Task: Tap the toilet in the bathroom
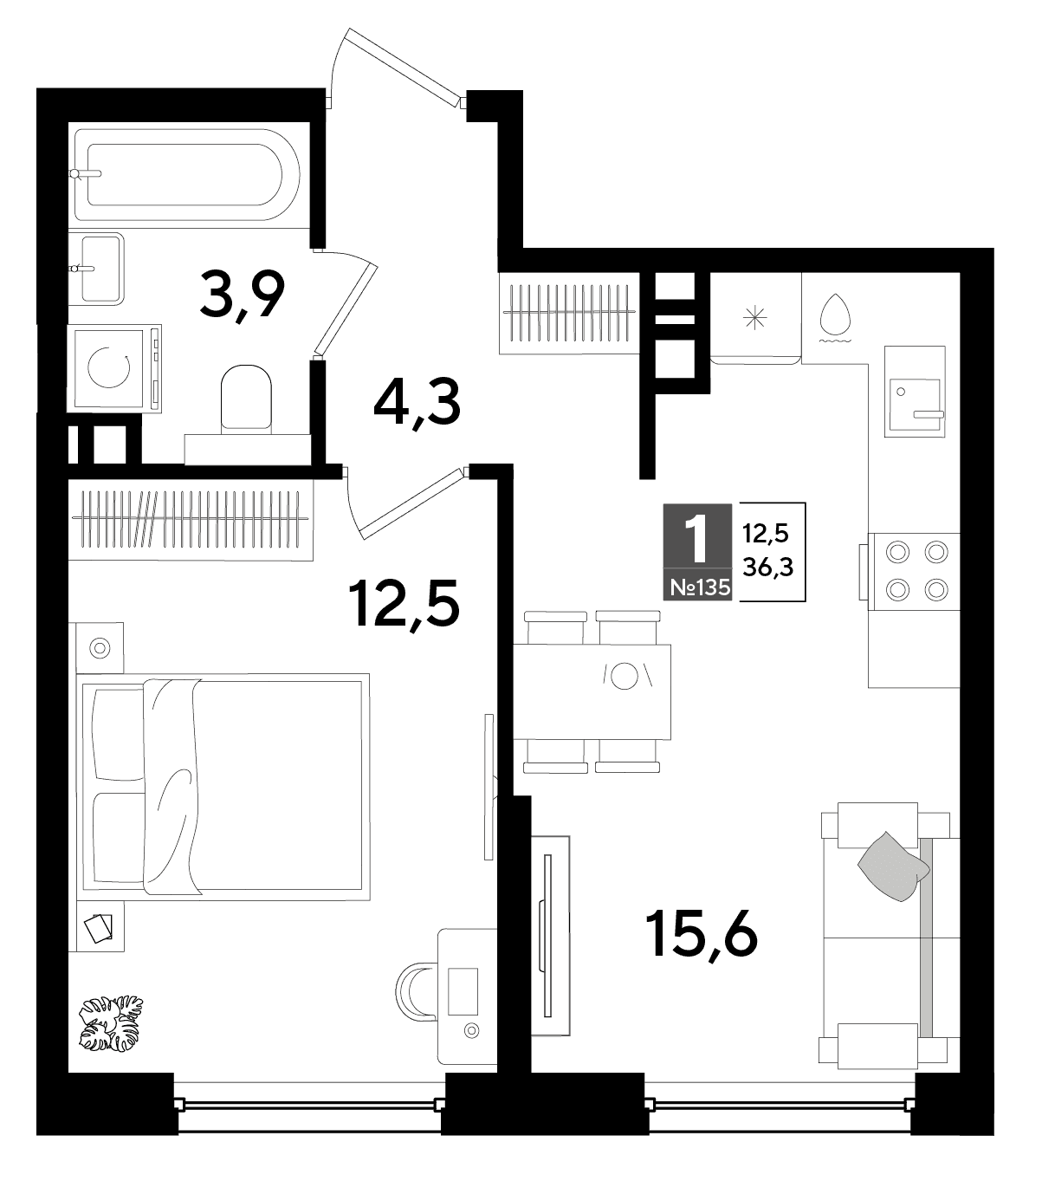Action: tap(247, 399)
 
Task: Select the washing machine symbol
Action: tap(115, 368)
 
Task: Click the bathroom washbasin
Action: tap(96, 269)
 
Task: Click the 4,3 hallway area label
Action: tap(417, 403)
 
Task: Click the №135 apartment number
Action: tap(698, 587)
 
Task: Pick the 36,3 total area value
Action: tap(768, 566)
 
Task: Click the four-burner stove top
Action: tap(914, 571)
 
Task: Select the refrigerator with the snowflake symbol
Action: tap(755, 319)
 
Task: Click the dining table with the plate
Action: tap(592, 692)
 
